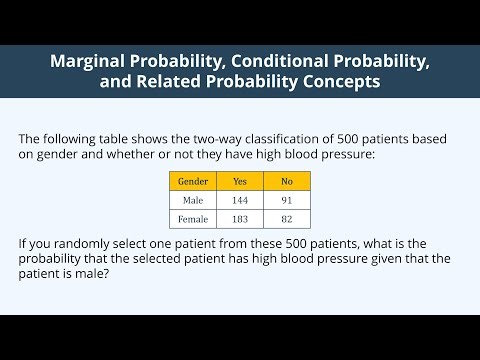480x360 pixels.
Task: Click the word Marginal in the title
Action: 92,62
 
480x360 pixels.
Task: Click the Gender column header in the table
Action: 192,181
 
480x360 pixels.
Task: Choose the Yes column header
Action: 239,181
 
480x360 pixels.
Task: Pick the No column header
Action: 287,181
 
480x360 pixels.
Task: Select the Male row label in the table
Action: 192,200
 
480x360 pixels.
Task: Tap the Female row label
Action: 192,219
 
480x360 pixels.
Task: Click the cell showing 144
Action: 239,200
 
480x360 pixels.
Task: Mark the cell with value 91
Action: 287,200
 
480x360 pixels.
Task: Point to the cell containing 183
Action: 239,219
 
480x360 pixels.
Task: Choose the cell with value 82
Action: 287,219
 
